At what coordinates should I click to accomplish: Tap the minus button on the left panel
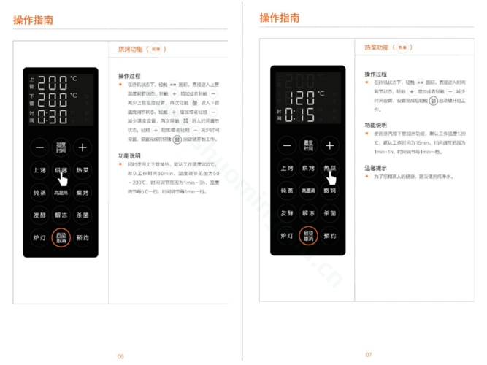point(39,147)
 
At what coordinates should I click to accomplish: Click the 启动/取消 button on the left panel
point(61,237)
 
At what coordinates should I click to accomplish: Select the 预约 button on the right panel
point(330,236)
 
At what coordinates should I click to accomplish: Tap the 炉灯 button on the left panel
point(39,237)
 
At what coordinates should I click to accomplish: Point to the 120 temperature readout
point(300,97)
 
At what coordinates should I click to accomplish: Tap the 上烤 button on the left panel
point(39,169)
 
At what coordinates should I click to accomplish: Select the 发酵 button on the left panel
point(39,215)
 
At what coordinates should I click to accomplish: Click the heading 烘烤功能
point(131,50)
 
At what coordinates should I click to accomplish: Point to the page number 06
point(120,356)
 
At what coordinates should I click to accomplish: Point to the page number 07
point(369,354)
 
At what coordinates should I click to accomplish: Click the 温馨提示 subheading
point(375,168)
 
